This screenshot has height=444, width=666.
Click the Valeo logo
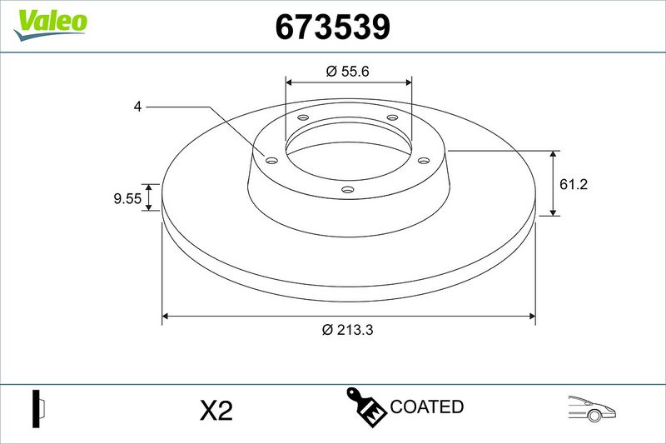click(x=50, y=25)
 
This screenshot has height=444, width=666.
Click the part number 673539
click(x=332, y=27)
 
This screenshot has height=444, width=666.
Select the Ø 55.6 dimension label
click(x=347, y=71)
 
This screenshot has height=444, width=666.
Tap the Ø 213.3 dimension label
click(x=347, y=329)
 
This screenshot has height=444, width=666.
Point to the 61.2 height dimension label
click(x=574, y=184)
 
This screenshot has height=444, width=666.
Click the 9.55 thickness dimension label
click(x=127, y=198)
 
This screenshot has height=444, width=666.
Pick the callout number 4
click(x=137, y=107)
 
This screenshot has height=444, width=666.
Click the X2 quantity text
click(x=216, y=411)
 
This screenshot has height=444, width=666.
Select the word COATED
click(x=426, y=407)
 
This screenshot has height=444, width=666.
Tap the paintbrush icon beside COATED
click(x=366, y=407)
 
